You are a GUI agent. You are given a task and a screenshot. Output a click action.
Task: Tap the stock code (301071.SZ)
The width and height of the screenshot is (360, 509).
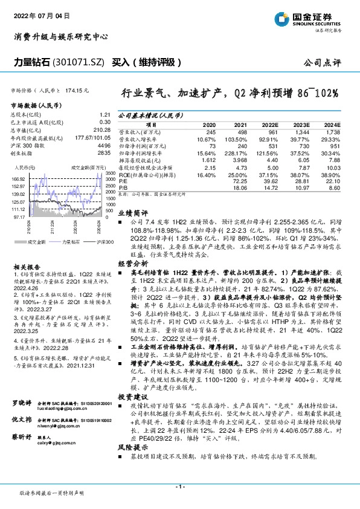point(81,63)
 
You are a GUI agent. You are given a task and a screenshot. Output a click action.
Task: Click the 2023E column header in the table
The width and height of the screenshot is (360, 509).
point(300,123)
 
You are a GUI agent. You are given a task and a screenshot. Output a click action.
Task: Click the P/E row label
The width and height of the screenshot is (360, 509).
point(123,181)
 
